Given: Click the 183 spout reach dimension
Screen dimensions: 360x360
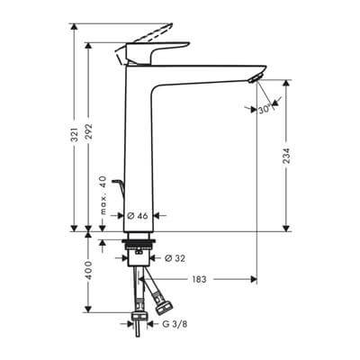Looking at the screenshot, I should point(199,280).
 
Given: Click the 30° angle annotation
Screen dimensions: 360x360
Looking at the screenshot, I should point(263,109).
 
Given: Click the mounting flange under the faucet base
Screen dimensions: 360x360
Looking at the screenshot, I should point(140,242).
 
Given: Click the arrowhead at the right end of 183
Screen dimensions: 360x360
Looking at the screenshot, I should point(255,280).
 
